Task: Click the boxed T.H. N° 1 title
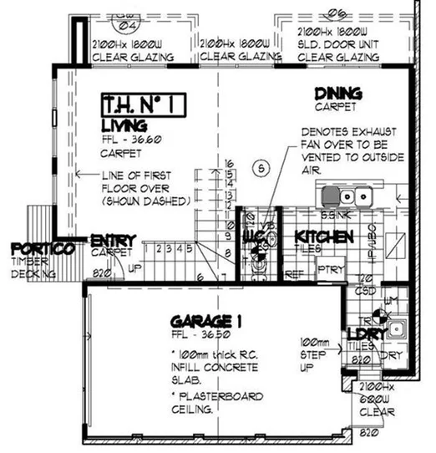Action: click(x=142, y=104)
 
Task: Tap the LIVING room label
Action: click(x=124, y=125)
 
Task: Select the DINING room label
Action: click(x=337, y=93)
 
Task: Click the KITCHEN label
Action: click(x=325, y=237)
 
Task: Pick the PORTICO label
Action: click(x=43, y=249)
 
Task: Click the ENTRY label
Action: click(x=113, y=239)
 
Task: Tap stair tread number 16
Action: click(x=228, y=164)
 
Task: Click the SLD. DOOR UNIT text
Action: click(x=335, y=43)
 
